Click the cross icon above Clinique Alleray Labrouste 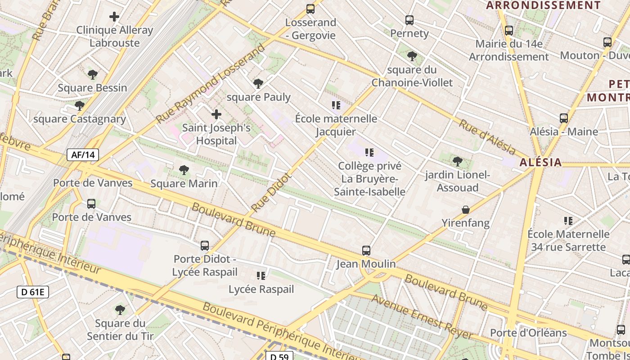click(x=114, y=17)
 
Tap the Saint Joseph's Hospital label click(x=216, y=134)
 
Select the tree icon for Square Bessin click(x=93, y=75)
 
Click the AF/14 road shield click(x=83, y=155)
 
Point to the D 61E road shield click(x=33, y=292)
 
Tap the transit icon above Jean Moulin click(x=366, y=250)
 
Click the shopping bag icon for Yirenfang click(x=466, y=210)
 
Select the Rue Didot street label click(x=271, y=193)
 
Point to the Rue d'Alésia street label click(x=487, y=136)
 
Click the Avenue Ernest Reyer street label click(x=422, y=317)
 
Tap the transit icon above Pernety click(x=409, y=20)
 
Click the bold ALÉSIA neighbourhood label click(x=540, y=162)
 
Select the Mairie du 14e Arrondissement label click(x=509, y=50)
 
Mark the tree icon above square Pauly click(x=258, y=84)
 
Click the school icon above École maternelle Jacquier click(x=336, y=105)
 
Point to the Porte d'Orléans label click(x=528, y=333)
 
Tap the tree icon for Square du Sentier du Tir click(x=120, y=310)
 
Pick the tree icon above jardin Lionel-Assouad click(x=457, y=161)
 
